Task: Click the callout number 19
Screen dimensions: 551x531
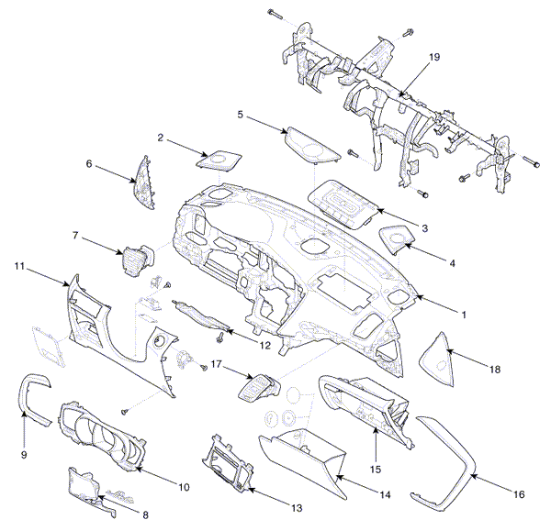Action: [434, 57]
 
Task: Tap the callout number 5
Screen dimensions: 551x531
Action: [241, 115]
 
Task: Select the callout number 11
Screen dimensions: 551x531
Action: [19, 266]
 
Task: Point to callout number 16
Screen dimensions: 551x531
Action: [519, 494]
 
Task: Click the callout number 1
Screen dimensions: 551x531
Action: [464, 315]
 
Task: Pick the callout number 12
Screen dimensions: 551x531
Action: [265, 346]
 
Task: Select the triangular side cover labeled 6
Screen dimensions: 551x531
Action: [145, 183]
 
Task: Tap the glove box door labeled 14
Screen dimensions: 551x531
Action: [303, 464]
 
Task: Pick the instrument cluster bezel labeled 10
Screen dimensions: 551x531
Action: [102, 436]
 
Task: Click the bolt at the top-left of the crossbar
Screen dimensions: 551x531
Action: [275, 14]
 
